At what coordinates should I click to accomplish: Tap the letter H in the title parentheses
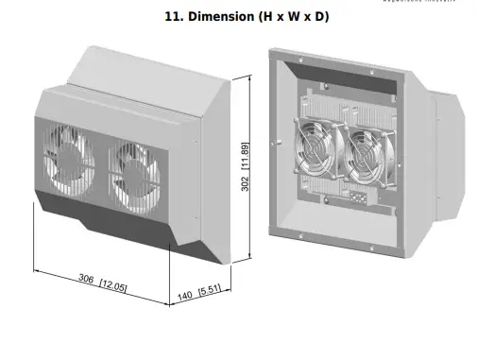pos(267,17)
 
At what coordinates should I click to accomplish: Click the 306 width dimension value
pos(87,280)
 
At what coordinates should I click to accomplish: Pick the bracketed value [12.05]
pos(114,285)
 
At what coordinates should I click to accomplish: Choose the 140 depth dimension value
pos(185,297)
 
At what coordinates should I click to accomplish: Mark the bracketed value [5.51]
pos(208,290)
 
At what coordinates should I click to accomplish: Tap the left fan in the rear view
pos(312,152)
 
